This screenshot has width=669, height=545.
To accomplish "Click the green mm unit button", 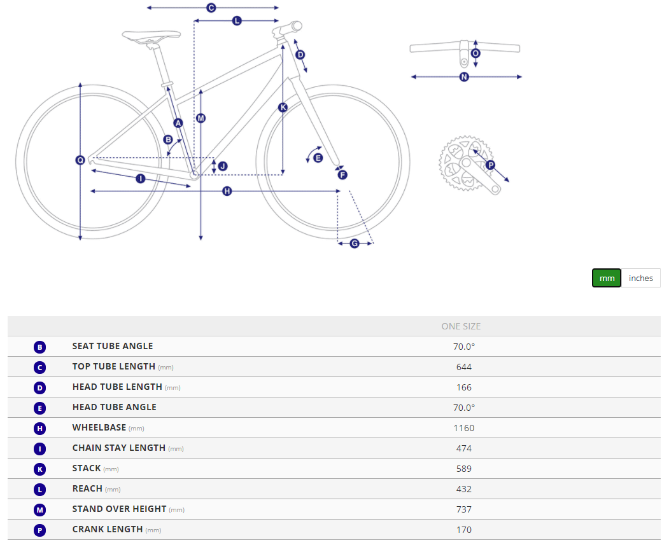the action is [x=606, y=279].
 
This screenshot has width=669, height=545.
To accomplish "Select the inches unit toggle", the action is [x=640, y=279].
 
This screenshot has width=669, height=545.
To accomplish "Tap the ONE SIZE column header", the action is [x=461, y=326].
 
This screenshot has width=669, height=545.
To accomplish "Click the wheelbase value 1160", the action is [x=464, y=428].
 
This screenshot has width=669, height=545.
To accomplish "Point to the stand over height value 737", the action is [x=464, y=509].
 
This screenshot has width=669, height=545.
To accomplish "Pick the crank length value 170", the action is [x=464, y=530].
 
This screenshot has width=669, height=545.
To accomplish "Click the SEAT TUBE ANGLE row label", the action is [x=113, y=346].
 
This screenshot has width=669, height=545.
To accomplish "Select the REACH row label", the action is [x=87, y=488].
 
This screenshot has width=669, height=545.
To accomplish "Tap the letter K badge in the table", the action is [x=39, y=469].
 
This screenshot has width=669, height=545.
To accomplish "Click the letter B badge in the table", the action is [x=39, y=347].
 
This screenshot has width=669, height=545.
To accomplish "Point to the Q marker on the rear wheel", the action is [x=80, y=160].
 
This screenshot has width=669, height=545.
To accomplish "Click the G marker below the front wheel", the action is [x=355, y=244].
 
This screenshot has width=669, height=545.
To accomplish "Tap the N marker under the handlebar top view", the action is [x=464, y=77].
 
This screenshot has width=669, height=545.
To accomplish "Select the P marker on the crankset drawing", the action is [x=491, y=165].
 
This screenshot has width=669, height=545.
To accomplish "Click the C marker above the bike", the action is [x=211, y=8].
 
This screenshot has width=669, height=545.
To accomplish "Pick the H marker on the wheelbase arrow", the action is [x=227, y=191].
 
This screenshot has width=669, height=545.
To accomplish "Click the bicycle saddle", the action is [x=151, y=36].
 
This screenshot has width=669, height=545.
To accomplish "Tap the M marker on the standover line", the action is [x=201, y=118].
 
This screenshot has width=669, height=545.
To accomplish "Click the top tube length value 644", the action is [x=464, y=367].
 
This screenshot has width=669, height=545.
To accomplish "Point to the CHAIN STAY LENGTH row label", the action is [x=119, y=448].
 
